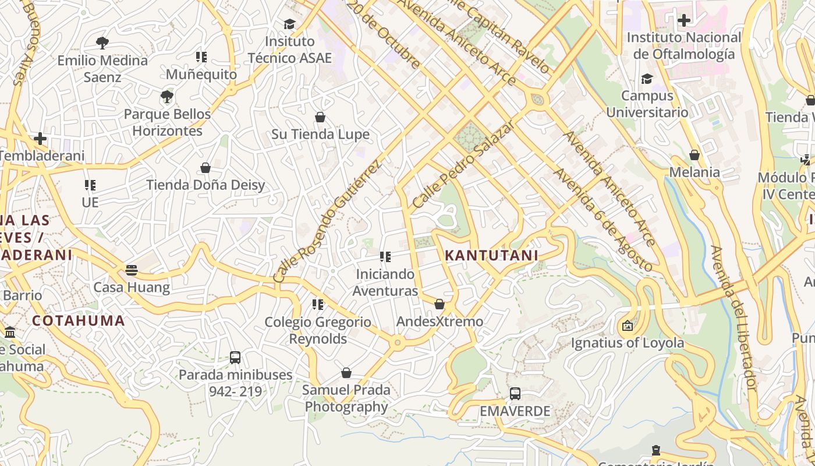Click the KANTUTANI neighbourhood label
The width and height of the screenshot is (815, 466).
pyautogui.click(x=491, y=255)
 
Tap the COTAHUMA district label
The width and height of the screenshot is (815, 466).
pyautogui.click(x=79, y=320)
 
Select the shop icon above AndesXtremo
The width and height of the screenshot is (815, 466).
pyautogui.click(x=440, y=304)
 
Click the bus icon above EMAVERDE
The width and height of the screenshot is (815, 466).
pyautogui.click(x=515, y=394)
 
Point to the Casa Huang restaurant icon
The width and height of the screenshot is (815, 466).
pyautogui.click(x=132, y=270)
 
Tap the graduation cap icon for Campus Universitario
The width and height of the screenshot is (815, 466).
pyautogui.click(x=647, y=79)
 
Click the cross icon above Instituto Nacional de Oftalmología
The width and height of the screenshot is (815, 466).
pyautogui.click(x=684, y=20)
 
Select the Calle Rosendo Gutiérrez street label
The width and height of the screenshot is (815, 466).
pyautogui.click(x=327, y=221)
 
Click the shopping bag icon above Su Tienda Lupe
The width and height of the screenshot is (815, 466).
pyautogui.click(x=320, y=117)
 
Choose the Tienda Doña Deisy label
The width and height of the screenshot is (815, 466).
pyautogui.click(x=205, y=185)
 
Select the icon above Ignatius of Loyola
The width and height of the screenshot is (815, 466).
pyautogui.click(x=627, y=326)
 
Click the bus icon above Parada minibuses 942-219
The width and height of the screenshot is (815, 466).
pyautogui.click(x=235, y=358)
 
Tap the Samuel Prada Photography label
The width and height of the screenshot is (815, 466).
pyautogui.click(x=346, y=398)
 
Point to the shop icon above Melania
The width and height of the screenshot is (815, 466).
pyautogui.click(x=694, y=155)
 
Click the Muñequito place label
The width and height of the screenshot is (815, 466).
pyautogui.click(x=201, y=75)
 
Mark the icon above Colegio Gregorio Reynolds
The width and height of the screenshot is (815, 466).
pyautogui.click(x=317, y=305)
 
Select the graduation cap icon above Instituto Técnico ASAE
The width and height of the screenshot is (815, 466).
pyautogui.click(x=289, y=24)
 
